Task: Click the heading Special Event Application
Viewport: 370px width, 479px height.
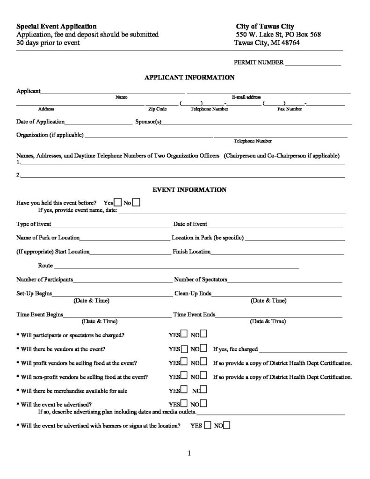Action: pyautogui.click(x=57, y=26)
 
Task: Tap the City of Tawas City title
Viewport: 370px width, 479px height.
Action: pyautogui.click(x=265, y=26)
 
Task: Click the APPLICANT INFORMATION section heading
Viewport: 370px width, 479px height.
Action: pyautogui.click(x=189, y=77)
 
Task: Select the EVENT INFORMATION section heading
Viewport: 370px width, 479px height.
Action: pyautogui.click(x=189, y=190)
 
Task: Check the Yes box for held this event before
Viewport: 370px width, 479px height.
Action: pyautogui.click(x=118, y=203)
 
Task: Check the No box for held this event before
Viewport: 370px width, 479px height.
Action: pyautogui.click(x=136, y=203)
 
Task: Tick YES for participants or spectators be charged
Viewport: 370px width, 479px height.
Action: pyautogui.click(x=184, y=334)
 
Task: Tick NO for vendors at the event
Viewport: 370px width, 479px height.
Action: pyautogui.click(x=204, y=349)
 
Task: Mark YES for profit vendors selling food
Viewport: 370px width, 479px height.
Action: pyautogui.click(x=184, y=363)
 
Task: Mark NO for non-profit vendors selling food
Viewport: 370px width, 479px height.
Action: pyautogui.click(x=204, y=376)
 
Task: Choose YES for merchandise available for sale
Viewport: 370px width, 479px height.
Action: pyautogui.click(x=184, y=390)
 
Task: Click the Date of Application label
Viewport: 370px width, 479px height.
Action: pyautogui.click(x=40, y=122)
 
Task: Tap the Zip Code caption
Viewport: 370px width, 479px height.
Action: pyautogui.click(x=157, y=109)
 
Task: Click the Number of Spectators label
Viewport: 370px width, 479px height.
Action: pyautogui.click(x=200, y=280)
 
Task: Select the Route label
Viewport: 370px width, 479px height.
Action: pyautogui.click(x=45, y=265)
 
